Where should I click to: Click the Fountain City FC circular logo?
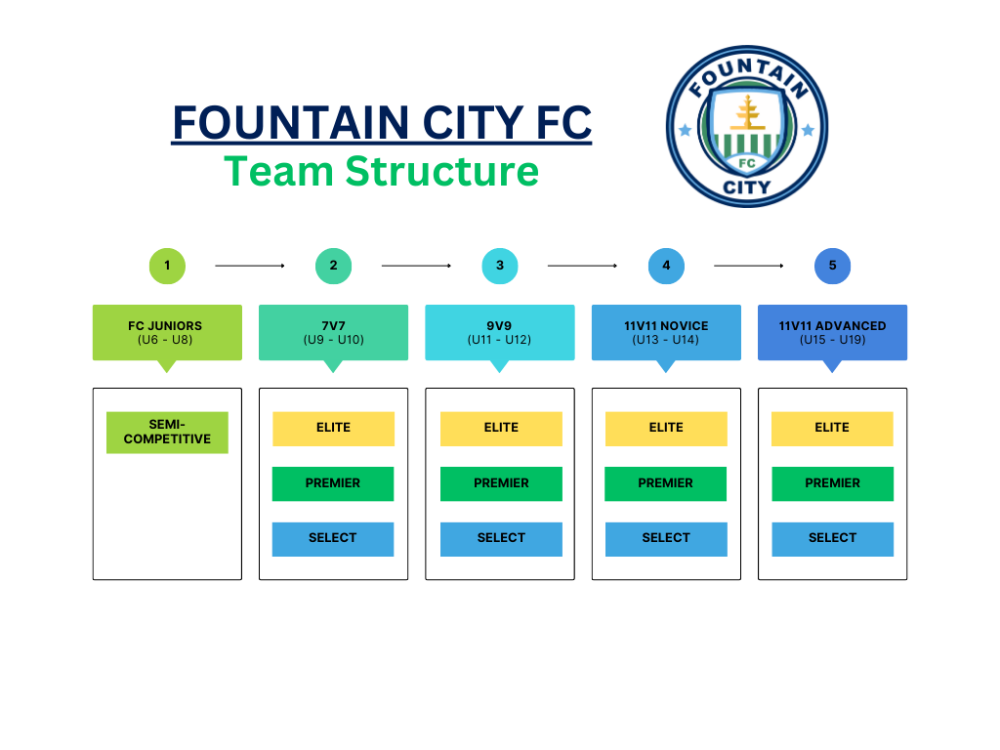tap(747, 127)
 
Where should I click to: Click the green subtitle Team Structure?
tap(381, 171)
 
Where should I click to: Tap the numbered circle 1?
tap(167, 266)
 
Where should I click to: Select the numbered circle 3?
tap(500, 266)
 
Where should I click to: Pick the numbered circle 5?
tap(832, 266)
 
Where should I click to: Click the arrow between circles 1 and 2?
tap(250, 266)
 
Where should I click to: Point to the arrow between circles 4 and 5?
tap(749, 266)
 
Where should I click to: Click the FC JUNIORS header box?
tap(167, 333)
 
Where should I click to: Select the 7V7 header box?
tap(333, 333)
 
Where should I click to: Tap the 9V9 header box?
tap(500, 333)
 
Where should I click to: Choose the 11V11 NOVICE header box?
tap(666, 333)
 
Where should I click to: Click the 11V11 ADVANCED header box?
tap(832, 333)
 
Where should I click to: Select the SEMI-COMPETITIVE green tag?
tap(167, 433)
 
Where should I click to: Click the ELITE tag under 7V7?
tap(333, 429)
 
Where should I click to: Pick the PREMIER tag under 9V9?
tap(501, 483)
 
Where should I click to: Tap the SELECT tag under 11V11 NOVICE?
tap(666, 539)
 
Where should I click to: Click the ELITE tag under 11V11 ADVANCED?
tap(832, 429)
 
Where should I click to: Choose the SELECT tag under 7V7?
tap(333, 539)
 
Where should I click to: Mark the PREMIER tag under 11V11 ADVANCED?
tap(832, 483)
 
